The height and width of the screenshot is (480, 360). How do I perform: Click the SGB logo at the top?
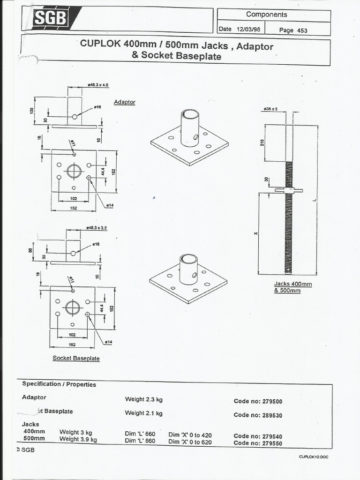51,19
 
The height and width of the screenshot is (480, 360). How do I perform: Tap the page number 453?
302,30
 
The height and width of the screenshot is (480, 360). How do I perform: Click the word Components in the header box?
266,15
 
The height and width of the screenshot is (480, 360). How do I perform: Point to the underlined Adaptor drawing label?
124,102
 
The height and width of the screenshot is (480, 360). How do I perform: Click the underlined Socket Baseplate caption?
76,358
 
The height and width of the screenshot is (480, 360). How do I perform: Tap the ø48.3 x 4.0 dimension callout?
98,85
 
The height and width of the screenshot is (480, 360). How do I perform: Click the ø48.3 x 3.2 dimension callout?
97,228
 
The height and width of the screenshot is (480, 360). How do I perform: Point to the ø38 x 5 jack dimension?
271,109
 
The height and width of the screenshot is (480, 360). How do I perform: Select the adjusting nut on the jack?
288,190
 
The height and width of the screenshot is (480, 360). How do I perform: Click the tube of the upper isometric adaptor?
190,127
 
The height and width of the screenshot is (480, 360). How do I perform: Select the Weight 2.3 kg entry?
143,399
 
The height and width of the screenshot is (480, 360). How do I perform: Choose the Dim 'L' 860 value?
140,441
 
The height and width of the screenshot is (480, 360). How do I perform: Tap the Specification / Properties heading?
59,384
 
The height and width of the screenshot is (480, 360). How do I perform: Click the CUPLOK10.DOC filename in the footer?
313,457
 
